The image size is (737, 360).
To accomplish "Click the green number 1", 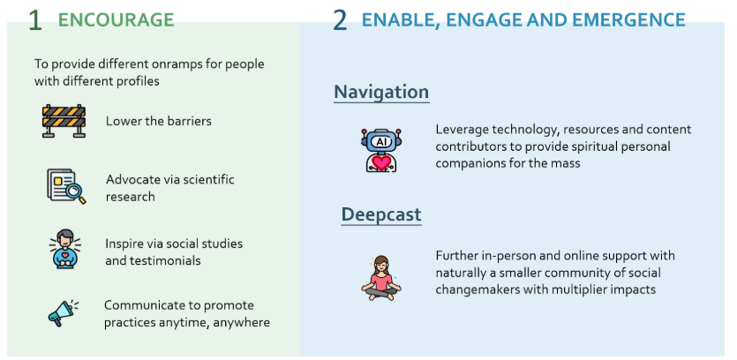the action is pyautogui.click(x=34, y=20).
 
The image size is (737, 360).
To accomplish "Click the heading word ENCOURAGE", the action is pyautogui.click(x=116, y=19).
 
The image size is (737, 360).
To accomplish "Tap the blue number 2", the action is pyautogui.click(x=340, y=20).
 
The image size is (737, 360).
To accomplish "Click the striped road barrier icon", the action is pyautogui.click(x=64, y=121).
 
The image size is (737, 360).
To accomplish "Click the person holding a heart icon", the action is pyautogui.click(x=65, y=249).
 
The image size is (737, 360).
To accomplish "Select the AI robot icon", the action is pyautogui.click(x=381, y=150).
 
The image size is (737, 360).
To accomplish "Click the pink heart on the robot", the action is pyautogui.click(x=381, y=162).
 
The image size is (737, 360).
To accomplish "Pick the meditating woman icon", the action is pyautogui.click(x=381, y=278).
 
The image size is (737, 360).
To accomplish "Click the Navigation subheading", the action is pyautogui.click(x=381, y=92).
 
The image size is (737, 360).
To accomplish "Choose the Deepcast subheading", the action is pyautogui.click(x=381, y=214).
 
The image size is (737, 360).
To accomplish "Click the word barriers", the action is pyautogui.click(x=190, y=121).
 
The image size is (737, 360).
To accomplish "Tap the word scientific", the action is pyautogui.click(x=208, y=179).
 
